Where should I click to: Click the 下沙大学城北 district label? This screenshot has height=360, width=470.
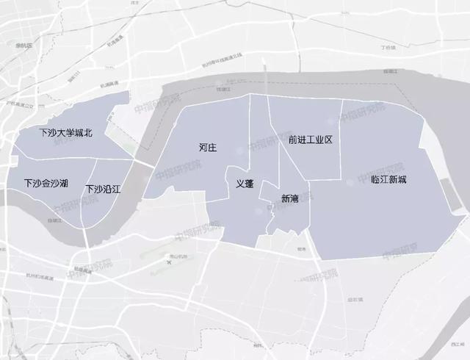tap(65, 133)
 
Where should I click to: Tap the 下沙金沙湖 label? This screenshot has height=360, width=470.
tap(46, 182)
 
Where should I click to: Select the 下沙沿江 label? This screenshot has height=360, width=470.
tap(103, 189)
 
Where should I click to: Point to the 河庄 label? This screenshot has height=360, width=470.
tap(208, 148)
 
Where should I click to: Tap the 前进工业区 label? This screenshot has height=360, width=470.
tap(311, 139)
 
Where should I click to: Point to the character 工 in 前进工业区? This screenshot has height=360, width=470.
tap(311, 139)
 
